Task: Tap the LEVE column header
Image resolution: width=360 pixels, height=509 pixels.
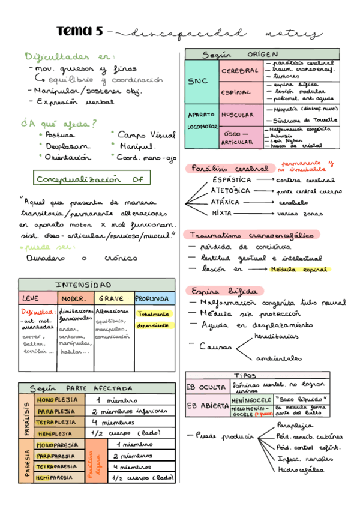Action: click(30, 298)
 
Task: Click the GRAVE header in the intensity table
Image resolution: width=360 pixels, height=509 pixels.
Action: click(111, 298)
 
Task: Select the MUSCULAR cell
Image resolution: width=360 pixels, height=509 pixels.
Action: click(237, 114)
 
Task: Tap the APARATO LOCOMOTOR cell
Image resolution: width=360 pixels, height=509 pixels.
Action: click(201, 121)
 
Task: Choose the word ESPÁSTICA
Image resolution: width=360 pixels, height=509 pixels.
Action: click(232, 180)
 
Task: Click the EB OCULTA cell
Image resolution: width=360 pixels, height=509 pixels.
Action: click(206, 388)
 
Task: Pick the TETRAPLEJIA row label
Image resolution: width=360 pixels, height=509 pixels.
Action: click(56, 422)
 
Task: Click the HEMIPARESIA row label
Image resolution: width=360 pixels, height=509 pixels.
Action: click(56, 477)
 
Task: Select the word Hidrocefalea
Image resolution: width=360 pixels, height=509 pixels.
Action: click(302, 469)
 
